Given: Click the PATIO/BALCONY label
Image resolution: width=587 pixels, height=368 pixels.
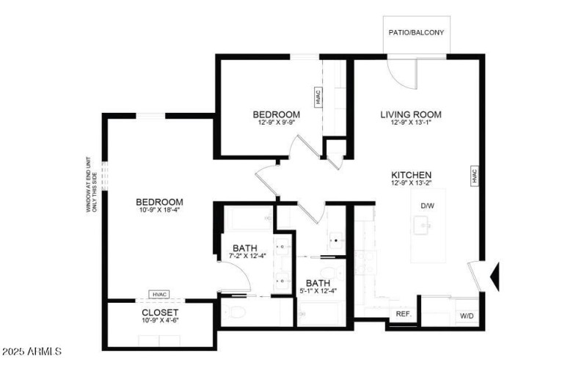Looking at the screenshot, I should (415, 33).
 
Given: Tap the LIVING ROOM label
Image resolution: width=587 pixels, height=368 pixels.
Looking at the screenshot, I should (410, 114).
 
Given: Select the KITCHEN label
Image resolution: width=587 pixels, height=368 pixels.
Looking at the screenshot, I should (410, 174).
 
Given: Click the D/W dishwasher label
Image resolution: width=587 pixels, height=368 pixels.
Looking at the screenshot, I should (427, 205).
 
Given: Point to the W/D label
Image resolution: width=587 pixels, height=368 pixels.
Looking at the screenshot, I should (467, 316).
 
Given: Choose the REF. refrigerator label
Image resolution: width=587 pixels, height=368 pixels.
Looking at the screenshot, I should (404, 314).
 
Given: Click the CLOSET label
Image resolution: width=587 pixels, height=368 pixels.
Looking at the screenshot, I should (159, 312).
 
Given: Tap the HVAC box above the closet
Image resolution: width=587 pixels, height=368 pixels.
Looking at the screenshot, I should (159, 294).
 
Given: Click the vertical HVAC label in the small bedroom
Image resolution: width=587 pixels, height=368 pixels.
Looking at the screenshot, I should (318, 97).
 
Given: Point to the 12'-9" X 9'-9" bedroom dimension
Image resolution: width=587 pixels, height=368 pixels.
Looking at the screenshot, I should (276, 123).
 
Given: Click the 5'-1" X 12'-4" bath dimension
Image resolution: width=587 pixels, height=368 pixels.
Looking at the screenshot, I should (318, 292).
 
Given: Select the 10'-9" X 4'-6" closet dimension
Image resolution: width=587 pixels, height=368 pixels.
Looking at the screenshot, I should (159, 320).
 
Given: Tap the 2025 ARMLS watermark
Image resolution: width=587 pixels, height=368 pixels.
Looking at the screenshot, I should (32, 352).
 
